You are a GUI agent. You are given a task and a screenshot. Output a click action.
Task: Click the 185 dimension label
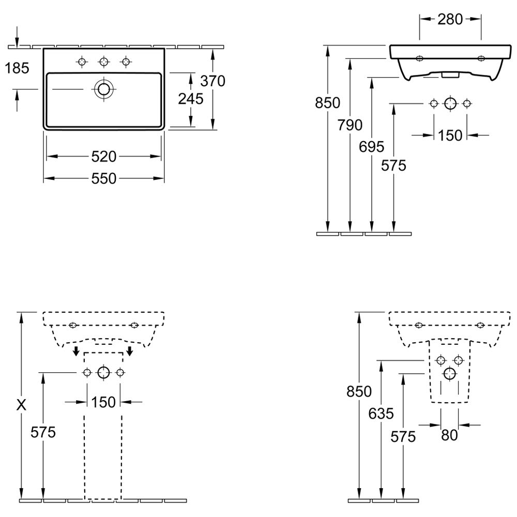(17, 68)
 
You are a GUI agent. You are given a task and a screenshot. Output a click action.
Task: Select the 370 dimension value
(212, 81)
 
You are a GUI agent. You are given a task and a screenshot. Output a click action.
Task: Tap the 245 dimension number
(191, 99)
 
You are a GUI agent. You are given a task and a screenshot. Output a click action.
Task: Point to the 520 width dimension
(104, 157)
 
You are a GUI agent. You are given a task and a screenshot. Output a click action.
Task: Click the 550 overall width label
(104, 179)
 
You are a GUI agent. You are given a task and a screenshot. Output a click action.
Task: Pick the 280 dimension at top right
(450, 20)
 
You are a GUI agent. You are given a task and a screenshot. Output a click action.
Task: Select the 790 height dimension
(350, 125)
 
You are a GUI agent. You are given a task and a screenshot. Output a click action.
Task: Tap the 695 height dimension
(372, 147)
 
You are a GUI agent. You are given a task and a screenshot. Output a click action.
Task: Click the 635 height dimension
(381, 414)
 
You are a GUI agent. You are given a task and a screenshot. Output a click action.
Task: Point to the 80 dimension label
(449, 435)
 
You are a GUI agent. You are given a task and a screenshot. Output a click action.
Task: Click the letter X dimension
(21, 405)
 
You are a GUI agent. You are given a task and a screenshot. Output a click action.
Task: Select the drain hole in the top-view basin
(104, 89)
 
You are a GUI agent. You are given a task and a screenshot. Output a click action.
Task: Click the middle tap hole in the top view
(104, 62)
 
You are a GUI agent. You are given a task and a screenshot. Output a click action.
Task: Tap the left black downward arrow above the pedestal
(76, 351)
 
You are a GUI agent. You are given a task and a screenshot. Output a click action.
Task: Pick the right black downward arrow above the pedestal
(130, 351)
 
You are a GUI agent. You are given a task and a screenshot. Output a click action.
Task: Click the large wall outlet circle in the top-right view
(450, 103)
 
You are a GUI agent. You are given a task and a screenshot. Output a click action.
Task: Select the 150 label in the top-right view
(450, 135)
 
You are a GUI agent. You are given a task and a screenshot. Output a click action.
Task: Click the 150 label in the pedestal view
(103, 402)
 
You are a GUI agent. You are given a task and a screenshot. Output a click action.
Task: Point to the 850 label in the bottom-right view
(359, 392)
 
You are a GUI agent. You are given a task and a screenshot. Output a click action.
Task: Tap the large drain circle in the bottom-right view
(450, 374)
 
